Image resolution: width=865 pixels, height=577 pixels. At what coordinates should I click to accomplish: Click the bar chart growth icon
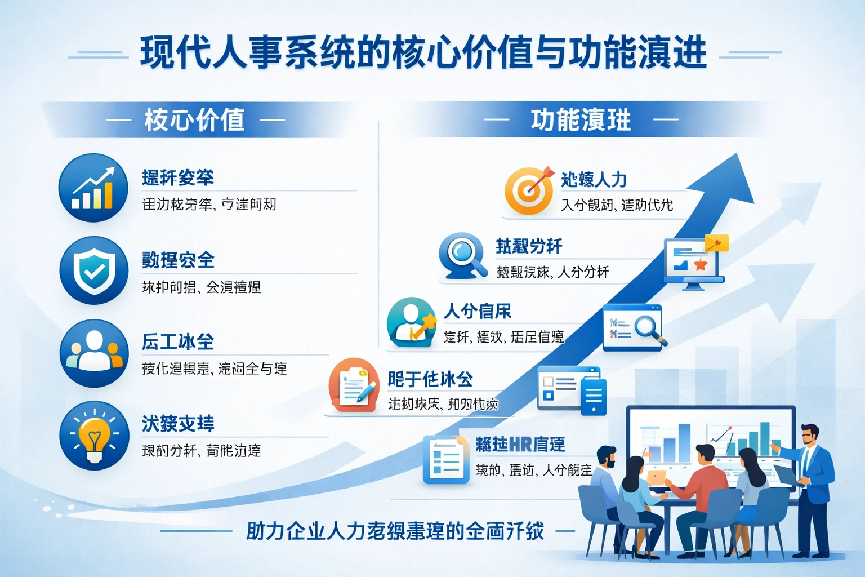[93, 188]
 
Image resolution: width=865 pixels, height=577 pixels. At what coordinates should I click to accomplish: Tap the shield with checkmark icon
[93, 271]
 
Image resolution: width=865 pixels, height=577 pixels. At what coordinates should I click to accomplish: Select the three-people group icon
[93, 353]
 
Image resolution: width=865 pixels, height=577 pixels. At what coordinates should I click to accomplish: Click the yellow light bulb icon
[93, 436]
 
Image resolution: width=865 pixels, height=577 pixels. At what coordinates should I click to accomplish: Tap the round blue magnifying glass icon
[462, 255]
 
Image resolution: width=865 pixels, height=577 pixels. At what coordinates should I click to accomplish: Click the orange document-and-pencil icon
[354, 385]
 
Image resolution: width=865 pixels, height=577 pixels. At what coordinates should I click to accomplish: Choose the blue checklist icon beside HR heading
[446, 459]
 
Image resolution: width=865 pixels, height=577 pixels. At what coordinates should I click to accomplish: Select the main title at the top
[423, 54]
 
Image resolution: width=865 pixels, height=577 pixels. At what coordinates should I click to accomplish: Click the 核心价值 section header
[194, 119]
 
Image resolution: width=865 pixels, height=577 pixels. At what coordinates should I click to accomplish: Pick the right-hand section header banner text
[581, 119]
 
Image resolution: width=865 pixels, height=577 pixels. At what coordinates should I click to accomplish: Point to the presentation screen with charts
[711, 437]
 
